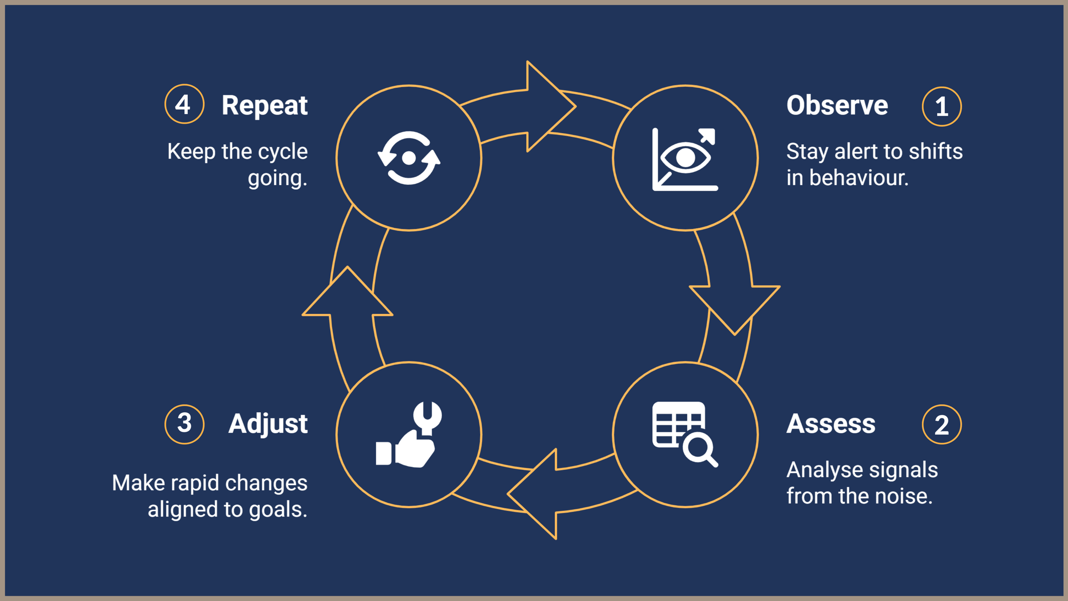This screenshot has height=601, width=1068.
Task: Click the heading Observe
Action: (x=837, y=106)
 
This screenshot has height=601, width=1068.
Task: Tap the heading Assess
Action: (x=831, y=423)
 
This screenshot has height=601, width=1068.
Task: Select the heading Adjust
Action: (x=268, y=423)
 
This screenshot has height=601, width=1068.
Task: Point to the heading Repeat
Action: (x=264, y=106)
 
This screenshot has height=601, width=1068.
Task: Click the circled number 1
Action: (x=942, y=107)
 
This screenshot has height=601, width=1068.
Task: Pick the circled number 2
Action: (x=942, y=425)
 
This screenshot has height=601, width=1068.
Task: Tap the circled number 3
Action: (x=184, y=424)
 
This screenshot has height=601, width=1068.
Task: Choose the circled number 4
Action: (x=184, y=104)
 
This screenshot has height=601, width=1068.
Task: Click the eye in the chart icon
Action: (x=685, y=157)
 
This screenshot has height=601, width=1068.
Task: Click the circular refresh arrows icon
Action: (x=409, y=158)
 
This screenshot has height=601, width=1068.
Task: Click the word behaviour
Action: (x=858, y=178)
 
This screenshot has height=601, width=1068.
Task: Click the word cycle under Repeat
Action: (x=283, y=152)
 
